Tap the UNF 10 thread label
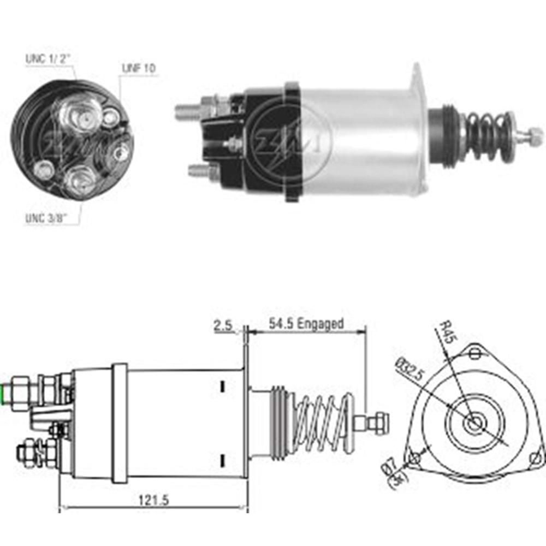(139, 68)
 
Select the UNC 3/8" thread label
(46, 218)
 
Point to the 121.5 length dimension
(153, 500)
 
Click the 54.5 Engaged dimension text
(306, 323)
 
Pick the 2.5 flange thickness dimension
(223, 325)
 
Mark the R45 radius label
(447, 331)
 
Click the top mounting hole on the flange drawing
(474, 354)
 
